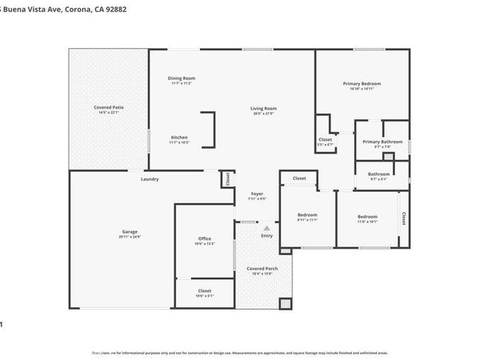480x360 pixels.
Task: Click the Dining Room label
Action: (182, 78)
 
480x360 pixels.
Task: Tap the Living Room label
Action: (263, 108)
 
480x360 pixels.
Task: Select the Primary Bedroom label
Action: (362, 83)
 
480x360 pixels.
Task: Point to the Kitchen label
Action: (179, 137)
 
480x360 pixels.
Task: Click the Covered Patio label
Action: (108, 106)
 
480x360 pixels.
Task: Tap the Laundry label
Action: (150, 178)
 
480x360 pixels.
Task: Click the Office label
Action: (205, 239)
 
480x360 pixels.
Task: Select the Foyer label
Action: (257, 194)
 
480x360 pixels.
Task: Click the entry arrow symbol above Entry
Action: (266, 227)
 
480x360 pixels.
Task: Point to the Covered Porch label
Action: (262, 269)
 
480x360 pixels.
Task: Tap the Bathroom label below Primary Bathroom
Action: (378, 174)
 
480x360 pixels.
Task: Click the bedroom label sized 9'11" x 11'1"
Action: (308, 214)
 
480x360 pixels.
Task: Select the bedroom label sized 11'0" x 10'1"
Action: (367, 217)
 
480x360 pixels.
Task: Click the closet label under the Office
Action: (205, 290)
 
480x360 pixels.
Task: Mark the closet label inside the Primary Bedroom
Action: (325, 139)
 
